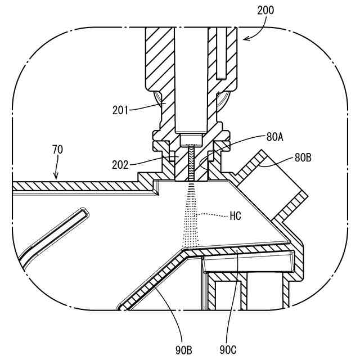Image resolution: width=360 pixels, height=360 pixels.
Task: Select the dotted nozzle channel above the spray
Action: tap(192, 163)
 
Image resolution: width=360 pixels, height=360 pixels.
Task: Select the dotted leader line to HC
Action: tap(214, 215)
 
